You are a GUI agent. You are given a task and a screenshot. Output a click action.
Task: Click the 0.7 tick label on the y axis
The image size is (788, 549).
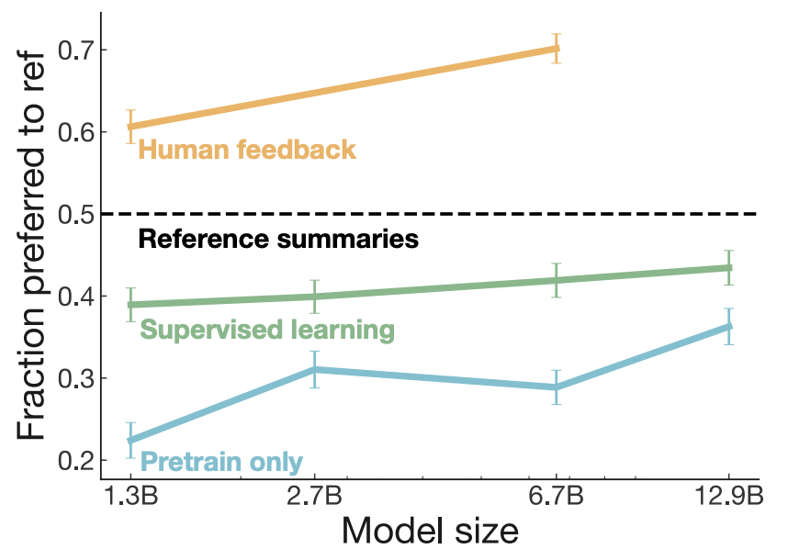[75, 50]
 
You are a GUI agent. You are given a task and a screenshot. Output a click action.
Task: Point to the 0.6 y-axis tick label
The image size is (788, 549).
[75, 132]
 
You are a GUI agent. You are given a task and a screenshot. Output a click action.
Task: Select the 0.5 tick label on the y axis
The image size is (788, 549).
[75, 214]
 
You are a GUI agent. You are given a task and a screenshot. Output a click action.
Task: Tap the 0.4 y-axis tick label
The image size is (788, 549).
[75, 297]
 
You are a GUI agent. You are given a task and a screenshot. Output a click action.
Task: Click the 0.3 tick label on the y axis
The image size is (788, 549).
[75, 378]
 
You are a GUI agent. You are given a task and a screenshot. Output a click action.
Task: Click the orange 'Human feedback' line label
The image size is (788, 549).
[246, 149]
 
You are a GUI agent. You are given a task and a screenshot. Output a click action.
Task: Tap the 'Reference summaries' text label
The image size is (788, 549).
[278, 241]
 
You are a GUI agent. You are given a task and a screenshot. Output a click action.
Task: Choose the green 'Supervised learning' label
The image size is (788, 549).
[266, 330]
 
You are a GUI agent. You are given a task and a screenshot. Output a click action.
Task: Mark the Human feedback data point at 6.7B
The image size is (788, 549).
[556, 48]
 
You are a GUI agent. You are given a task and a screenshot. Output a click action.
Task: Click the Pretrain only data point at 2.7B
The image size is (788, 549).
[314, 369]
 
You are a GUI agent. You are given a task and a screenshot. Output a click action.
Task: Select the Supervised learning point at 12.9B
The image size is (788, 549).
[728, 268]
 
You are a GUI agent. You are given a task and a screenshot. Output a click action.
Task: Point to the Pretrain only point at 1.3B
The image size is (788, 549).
[130, 441]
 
